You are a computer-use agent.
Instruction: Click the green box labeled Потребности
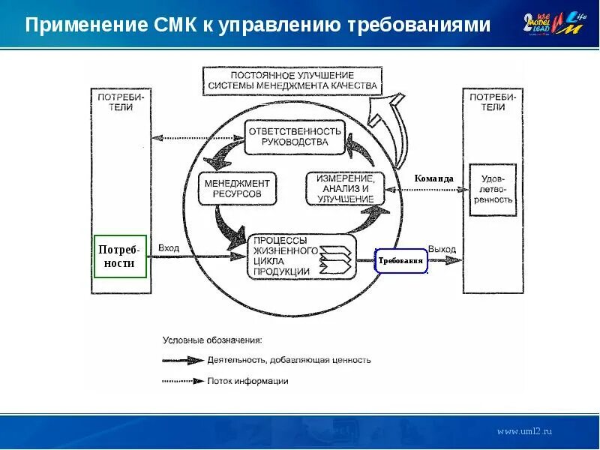tap(120, 256)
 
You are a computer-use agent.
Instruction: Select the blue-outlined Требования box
tap(400, 261)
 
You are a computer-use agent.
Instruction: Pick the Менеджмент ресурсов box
tap(236, 188)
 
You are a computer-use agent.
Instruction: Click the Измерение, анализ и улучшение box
tap(344, 189)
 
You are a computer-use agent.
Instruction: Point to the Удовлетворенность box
tap(493, 190)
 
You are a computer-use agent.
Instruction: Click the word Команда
tap(433, 178)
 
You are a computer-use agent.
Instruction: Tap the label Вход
tap(168, 247)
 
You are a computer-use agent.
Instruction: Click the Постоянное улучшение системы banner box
tap(293, 81)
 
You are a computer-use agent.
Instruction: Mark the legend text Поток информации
tap(248, 381)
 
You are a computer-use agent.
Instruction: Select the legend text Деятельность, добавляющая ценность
tap(289, 360)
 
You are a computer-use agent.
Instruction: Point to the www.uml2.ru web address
tap(525, 431)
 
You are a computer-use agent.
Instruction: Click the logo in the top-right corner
tap(556, 24)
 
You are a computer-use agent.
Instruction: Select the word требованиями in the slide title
tap(419, 25)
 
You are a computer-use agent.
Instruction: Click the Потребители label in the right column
tap(492, 102)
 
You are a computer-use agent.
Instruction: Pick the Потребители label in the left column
tap(121, 102)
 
